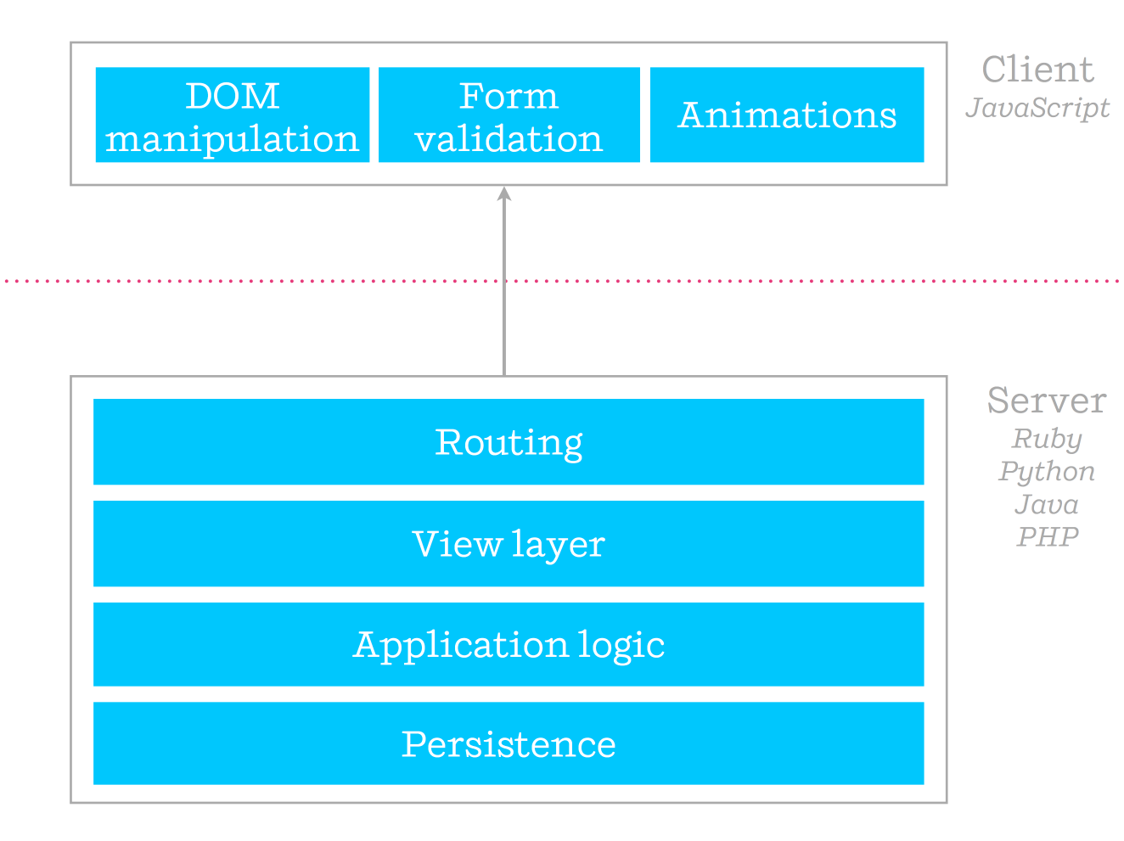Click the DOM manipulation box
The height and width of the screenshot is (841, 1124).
(x=233, y=115)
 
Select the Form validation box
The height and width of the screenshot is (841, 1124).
(x=509, y=115)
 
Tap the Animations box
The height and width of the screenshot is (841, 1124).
(x=787, y=115)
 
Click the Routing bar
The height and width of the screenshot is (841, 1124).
(x=509, y=441)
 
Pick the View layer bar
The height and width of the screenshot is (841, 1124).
(x=509, y=543)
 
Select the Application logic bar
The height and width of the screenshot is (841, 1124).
(x=509, y=644)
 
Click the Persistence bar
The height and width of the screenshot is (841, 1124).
(x=509, y=743)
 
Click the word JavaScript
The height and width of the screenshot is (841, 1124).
(x=1037, y=109)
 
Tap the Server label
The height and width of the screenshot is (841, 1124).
(x=1047, y=401)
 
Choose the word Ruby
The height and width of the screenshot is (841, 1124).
(x=1047, y=440)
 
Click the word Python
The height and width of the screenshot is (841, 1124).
(x=1047, y=472)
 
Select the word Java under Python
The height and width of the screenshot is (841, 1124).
(x=1047, y=504)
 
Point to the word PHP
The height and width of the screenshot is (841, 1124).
(x=1048, y=537)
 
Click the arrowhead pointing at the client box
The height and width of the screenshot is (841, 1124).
(x=504, y=193)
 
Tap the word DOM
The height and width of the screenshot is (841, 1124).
(x=233, y=96)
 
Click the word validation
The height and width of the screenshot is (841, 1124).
(x=509, y=138)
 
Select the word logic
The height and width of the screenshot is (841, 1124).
(x=621, y=646)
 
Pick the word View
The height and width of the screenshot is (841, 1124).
(x=458, y=544)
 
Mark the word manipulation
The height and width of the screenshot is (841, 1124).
(x=232, y=140)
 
